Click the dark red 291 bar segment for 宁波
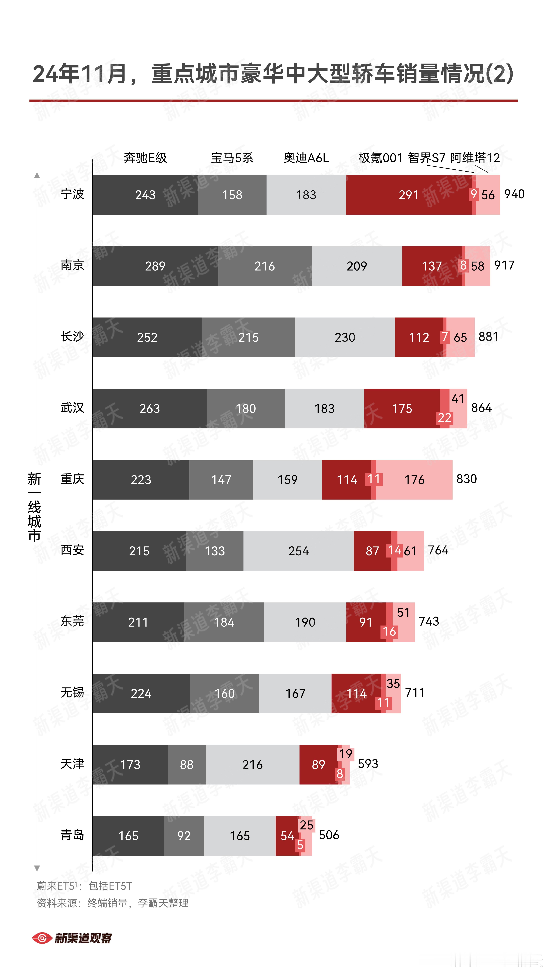[409, 195]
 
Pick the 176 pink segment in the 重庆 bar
[414, 480]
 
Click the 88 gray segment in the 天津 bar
[187, 764]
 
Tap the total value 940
[514, 194]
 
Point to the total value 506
[329, 835]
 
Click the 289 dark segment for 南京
[155, 266]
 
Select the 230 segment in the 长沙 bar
[345, 337]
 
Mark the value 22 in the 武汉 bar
[444, 418]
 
